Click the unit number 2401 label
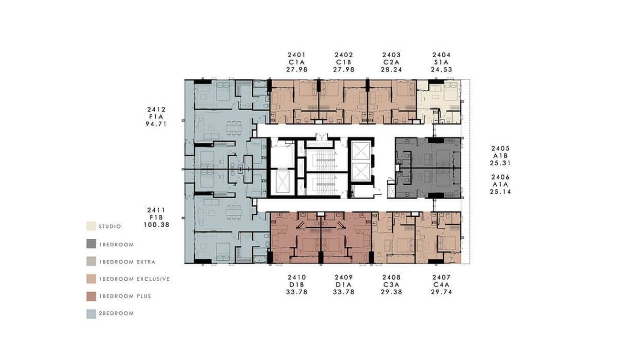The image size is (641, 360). click(297, 55)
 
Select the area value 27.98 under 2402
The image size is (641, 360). click(344, 70)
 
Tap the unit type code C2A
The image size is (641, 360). click(391, 62)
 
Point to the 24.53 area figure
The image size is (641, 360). click(441, 70)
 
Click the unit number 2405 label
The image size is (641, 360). click(500, 148)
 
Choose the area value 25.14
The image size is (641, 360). click(500, 192)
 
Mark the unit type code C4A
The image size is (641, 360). click(441, 285)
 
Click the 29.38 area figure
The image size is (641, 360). click(391, 292)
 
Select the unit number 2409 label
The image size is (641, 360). click(344, 277)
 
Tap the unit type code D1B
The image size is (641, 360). click(297, 285)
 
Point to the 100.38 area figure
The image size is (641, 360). click(157, 224)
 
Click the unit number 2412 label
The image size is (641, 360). click(157, 109)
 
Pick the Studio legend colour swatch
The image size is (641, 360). click(91, 226)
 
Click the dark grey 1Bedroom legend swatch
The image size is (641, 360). click(91, 244)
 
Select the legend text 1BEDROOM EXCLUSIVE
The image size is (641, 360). click(134, 279)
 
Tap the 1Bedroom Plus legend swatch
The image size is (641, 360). click(91, 296)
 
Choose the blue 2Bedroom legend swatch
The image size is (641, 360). click(91, 314)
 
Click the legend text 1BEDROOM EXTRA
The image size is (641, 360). click(127, 262)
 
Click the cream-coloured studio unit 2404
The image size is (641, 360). click(439, 101)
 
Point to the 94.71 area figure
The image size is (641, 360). click(157, 124)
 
